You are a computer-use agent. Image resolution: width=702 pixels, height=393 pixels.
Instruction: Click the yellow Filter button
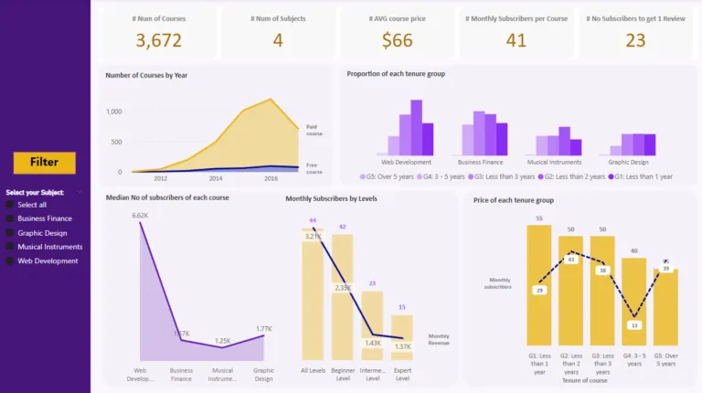click(x=44, y=163)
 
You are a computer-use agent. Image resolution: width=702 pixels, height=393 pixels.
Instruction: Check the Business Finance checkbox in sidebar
click(x=10, y=218)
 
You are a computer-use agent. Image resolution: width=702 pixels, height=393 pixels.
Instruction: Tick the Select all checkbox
click(x=10, y=205)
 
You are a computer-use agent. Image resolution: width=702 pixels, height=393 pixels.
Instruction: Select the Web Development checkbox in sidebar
click(x=10, y=260)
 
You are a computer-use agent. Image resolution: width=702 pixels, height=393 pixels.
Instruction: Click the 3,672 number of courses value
click(x=158, y=40)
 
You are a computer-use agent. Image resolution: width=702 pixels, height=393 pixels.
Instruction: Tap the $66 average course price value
click(x=398, y=40)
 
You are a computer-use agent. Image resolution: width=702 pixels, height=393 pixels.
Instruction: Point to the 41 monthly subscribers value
click(x=516, y=40)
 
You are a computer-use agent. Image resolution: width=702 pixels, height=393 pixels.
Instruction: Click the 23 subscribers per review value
click(x=635, y=40)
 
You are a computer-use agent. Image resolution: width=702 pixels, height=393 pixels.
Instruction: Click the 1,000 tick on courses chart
click(x=113, y=112)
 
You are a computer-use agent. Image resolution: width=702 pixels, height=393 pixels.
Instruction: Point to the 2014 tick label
click(x=215, y=179)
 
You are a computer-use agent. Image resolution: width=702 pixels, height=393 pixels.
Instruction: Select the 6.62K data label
click(x=140, y=216)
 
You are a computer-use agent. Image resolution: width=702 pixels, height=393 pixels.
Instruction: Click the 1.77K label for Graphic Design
click(x=264, y=329)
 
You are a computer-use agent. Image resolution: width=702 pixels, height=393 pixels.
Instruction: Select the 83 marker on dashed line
click(x=571, y=260)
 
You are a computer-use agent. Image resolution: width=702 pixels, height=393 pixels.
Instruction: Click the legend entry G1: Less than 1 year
click(x=639, y=176)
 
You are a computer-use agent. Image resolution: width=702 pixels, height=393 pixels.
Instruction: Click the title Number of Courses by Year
click(x=146, y=75)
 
